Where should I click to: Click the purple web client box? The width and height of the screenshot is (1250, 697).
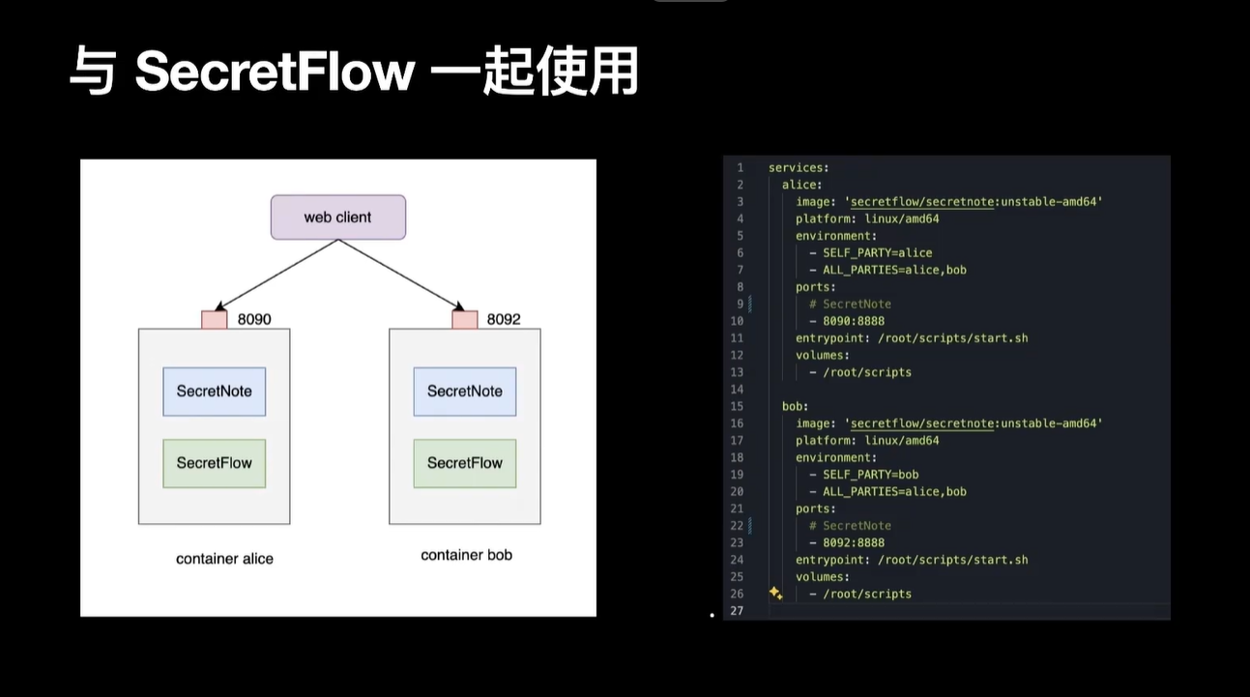[337, 218]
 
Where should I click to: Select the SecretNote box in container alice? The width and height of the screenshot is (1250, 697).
[214, 392]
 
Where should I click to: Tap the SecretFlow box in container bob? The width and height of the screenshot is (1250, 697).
[464, 463]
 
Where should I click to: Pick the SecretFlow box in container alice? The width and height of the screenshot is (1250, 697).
[214, 463]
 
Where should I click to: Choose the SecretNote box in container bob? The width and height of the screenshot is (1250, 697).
[464, 392]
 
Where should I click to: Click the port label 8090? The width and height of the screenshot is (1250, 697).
[254, 318]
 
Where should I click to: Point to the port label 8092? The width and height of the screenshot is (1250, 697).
[504, 318]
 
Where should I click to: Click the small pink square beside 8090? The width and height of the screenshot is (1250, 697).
[214, 319]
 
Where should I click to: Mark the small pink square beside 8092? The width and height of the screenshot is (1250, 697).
[464, 319]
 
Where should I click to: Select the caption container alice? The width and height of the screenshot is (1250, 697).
[224, 559]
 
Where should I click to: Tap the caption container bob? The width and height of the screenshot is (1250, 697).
[466, 555]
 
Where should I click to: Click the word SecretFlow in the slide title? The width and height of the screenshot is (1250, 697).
[275, 73]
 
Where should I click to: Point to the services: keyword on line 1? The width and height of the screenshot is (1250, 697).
[799, 168]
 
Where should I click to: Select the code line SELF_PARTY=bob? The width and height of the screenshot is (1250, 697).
[870, 475]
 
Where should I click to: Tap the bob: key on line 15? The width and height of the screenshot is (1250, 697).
[796, 406]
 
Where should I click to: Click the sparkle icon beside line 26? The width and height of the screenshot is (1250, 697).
[775, 593]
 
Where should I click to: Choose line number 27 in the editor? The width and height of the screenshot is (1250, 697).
[738, 611]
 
